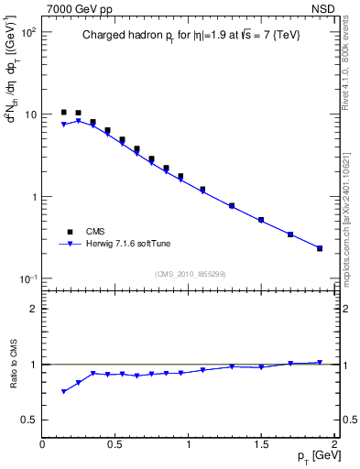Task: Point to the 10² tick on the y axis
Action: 27,32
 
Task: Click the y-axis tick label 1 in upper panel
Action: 33,197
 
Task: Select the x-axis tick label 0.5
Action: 115,444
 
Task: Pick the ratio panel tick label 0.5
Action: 28,420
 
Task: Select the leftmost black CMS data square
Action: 64,112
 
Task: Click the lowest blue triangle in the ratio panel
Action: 64,391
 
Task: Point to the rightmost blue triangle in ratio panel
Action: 320,363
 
